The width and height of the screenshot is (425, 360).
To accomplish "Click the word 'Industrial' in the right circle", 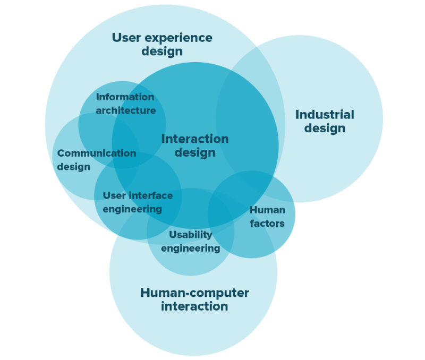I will coord(325,115).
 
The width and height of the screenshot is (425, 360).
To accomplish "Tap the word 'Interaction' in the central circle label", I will coord(195,139).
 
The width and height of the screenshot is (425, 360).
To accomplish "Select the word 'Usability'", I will coord(190,235).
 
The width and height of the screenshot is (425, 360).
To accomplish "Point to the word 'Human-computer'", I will coord(194,293).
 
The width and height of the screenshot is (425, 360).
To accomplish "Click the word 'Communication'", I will coord(97,153).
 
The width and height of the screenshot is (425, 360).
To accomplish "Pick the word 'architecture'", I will coord(126,110).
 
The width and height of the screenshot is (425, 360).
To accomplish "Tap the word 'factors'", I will coord(267,224).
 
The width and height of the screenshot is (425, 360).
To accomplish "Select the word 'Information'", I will coord(125,97).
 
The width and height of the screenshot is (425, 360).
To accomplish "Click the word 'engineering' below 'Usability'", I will coord(190,248).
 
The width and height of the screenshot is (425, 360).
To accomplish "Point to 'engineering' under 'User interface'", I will coord(132,209).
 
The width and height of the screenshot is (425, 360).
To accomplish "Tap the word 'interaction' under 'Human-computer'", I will coord(194,307).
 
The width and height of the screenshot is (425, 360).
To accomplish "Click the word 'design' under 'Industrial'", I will coord(325,128).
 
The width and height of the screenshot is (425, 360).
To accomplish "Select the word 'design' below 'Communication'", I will coord(73,167).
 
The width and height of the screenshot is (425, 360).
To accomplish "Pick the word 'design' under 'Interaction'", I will coord(195,153).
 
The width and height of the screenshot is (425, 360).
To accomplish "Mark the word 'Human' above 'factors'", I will coord(267,210).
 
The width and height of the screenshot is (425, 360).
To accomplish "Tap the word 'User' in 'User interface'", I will coord(114,195).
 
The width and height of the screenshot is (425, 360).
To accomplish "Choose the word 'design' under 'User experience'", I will coord(162,52).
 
